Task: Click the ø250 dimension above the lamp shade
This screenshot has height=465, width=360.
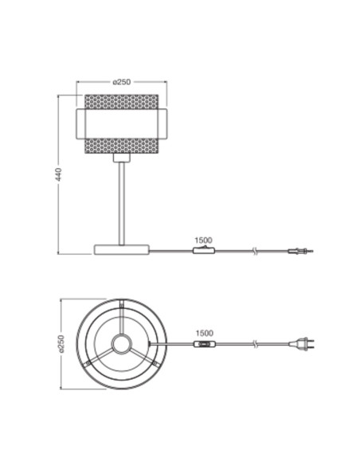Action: coord(122,81)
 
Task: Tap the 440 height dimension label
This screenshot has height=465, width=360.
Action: coord(58,174)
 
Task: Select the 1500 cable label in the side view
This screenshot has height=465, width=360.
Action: coord(203,240)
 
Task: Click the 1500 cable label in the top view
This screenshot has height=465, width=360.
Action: coord(205,334)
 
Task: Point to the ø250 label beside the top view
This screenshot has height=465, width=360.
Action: coord(61,344)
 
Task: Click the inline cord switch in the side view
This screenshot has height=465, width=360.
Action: coord(204,250)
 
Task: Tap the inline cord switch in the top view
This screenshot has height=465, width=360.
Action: coord(205,344)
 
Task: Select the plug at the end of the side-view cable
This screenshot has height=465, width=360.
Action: coord(300,252)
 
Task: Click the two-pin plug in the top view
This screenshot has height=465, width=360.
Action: coord(302,344)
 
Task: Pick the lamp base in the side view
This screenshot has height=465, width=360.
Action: coord(122,249)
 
